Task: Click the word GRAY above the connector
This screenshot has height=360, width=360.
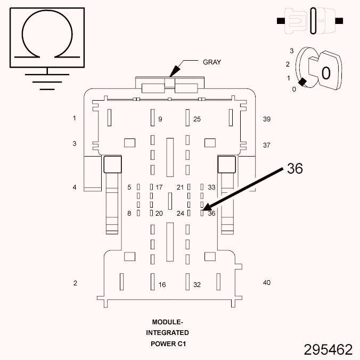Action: point(212,62)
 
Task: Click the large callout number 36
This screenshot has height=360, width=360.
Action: point(294,168)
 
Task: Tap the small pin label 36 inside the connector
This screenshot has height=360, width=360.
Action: point(211,214)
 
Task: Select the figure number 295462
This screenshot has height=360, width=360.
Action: point(328,349)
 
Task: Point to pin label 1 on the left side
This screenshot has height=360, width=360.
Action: point(75,118)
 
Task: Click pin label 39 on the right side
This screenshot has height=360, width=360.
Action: point(267,119)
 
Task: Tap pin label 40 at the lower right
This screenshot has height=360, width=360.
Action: point(267,282)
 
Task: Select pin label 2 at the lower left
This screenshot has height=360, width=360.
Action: point(75,283)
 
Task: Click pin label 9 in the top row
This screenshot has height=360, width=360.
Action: point(160,119)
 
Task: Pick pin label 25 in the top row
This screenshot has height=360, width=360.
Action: point(197,119)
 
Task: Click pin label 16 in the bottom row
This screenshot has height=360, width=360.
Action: point(162,285)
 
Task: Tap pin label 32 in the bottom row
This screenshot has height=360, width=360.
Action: point(197,285)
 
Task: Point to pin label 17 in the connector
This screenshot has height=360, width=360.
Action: point(159,187)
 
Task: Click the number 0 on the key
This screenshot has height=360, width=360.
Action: point(326,73)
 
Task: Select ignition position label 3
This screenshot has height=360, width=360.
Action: point(291,51)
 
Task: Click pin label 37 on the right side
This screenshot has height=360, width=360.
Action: point(267,145)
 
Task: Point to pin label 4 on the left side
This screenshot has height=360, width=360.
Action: point(75,187)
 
